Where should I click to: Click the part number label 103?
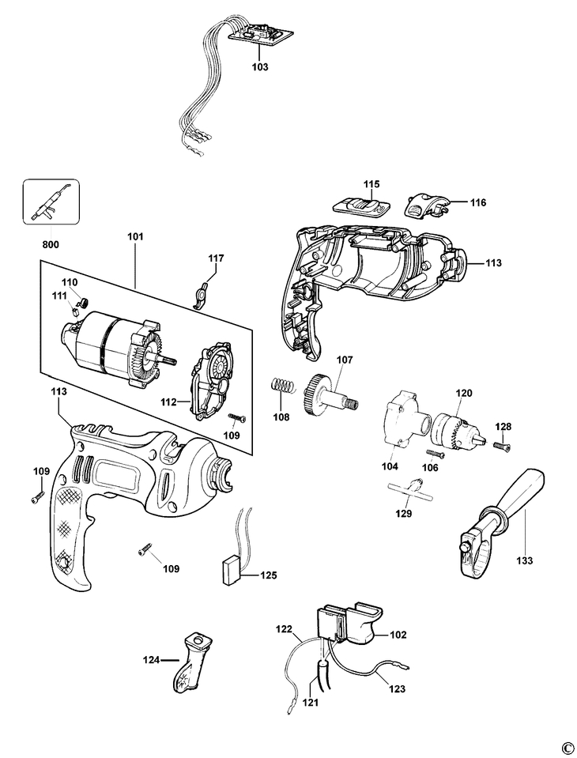[x=260, y=67]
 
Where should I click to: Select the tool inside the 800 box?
[x=50, y=202]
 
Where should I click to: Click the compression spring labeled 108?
[x=282, y=385]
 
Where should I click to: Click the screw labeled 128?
[x=502, y=447]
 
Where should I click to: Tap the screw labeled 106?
[x=436, y=454]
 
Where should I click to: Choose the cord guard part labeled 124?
[x=190, y=660]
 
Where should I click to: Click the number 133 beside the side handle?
[x=524, y=560]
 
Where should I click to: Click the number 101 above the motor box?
[x=135, y=237]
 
